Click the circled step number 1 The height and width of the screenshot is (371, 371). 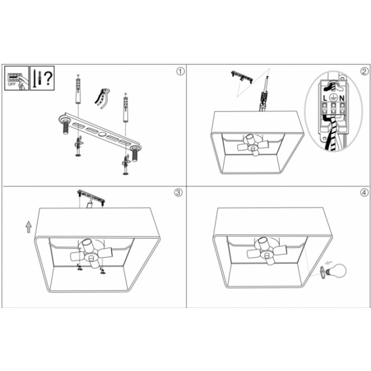pyautogui.click(x=180, y=72)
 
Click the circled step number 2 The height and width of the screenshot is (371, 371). pyautogui.click(x=365, y=72)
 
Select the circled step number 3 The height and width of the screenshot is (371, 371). pyautogui.click(x=178, y=192)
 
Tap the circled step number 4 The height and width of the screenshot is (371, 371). pyautogui.click(x=365, y=192)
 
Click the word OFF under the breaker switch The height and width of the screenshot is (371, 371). pyautogui.click(x=12, y=84)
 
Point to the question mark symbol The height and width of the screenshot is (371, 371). pyautogui.click(x=49, y=78)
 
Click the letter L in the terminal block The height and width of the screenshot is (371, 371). pyautogui.click(x=325, y=98)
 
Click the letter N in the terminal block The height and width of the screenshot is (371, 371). pyautogui.click(x=342, y=98)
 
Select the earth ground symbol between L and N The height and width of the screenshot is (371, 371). pyautogui.click(x=333, y=98)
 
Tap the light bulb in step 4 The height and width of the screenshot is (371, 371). pyautogui.click(x=335, y=270)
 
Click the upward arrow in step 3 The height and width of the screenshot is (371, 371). pyautogui.click(x=29, y=227)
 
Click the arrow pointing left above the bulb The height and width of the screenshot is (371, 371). pyautogui.click(x=329, y=262)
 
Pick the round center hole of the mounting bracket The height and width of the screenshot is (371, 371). pyautogui.click(x=102, y=134)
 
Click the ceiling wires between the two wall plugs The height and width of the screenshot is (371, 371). pyautogui.click(x=102, y=98)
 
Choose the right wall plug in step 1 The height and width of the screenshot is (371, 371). pyautogui.click(x=125, y=108)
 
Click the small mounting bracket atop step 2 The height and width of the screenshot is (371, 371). pyautogui.click(x=242, y=77)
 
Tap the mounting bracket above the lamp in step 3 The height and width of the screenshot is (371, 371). pyautogui.click(x=91, y=196)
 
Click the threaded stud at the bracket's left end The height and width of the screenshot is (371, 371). pyautogui.click(x=65, y=127)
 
